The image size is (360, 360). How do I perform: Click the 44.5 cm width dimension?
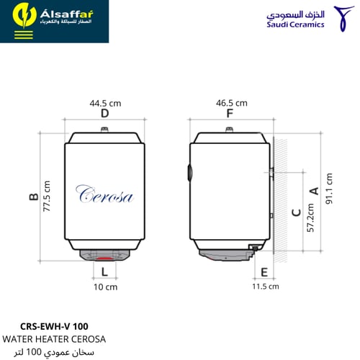(x=105, y=104)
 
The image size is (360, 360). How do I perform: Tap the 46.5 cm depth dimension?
(x=232, y=103)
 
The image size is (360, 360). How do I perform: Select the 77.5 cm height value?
(x=47, y=197)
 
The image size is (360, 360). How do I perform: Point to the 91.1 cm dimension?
(x=329, y=189)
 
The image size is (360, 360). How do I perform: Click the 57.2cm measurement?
(x=310, y=217)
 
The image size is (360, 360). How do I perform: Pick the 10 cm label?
(x=106, y=287)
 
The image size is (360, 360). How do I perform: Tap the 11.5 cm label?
(x=266, y=287)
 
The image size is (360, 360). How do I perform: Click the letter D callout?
(x=105, y=113)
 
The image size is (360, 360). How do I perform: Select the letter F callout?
(x=230, y=113)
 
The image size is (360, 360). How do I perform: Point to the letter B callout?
(x=34, y=197)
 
